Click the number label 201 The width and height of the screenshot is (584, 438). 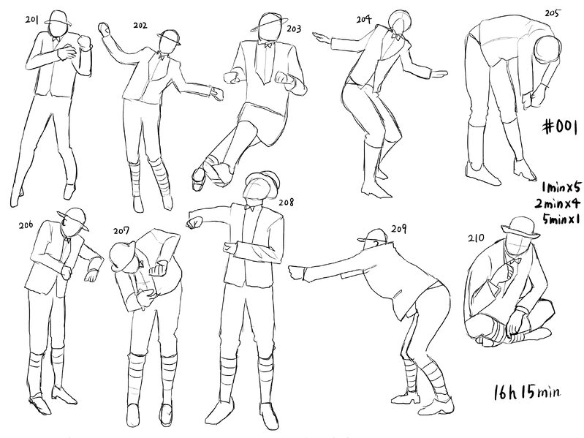pyautogui.click(x=31, y=19)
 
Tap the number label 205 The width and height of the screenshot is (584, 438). pyautogui.click(x=552, y=13)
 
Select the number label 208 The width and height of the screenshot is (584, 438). pyautogui.click(x=286, y=203)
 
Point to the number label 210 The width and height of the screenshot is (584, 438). pyautogui.click(x=477, y=238)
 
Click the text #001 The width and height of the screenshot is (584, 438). pyautogui.click(x=560, y=127)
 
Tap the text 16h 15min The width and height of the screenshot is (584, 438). pyautogui.click(x=527, y=392)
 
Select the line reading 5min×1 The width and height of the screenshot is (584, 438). pyautogui.click(x=561, y=219)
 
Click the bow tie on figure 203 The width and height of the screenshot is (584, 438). pyautogui.click(x=267, y=45)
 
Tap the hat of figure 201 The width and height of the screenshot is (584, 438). pyautogui.click(x=58, y=18)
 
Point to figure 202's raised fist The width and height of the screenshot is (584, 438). pyautogui.click(x=104, y=29)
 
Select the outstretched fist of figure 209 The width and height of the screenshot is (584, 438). pyautogui.click(x=296, y=272)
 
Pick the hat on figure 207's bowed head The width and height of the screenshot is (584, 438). pyautogui.click(x=122, y=255)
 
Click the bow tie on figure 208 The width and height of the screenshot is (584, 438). pyautogui.click(x=249, y=208)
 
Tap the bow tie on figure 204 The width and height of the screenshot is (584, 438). pyautogui.click(x=395, y=37)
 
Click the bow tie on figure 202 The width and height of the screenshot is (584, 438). pyautogui.click(x=161, y=57)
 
